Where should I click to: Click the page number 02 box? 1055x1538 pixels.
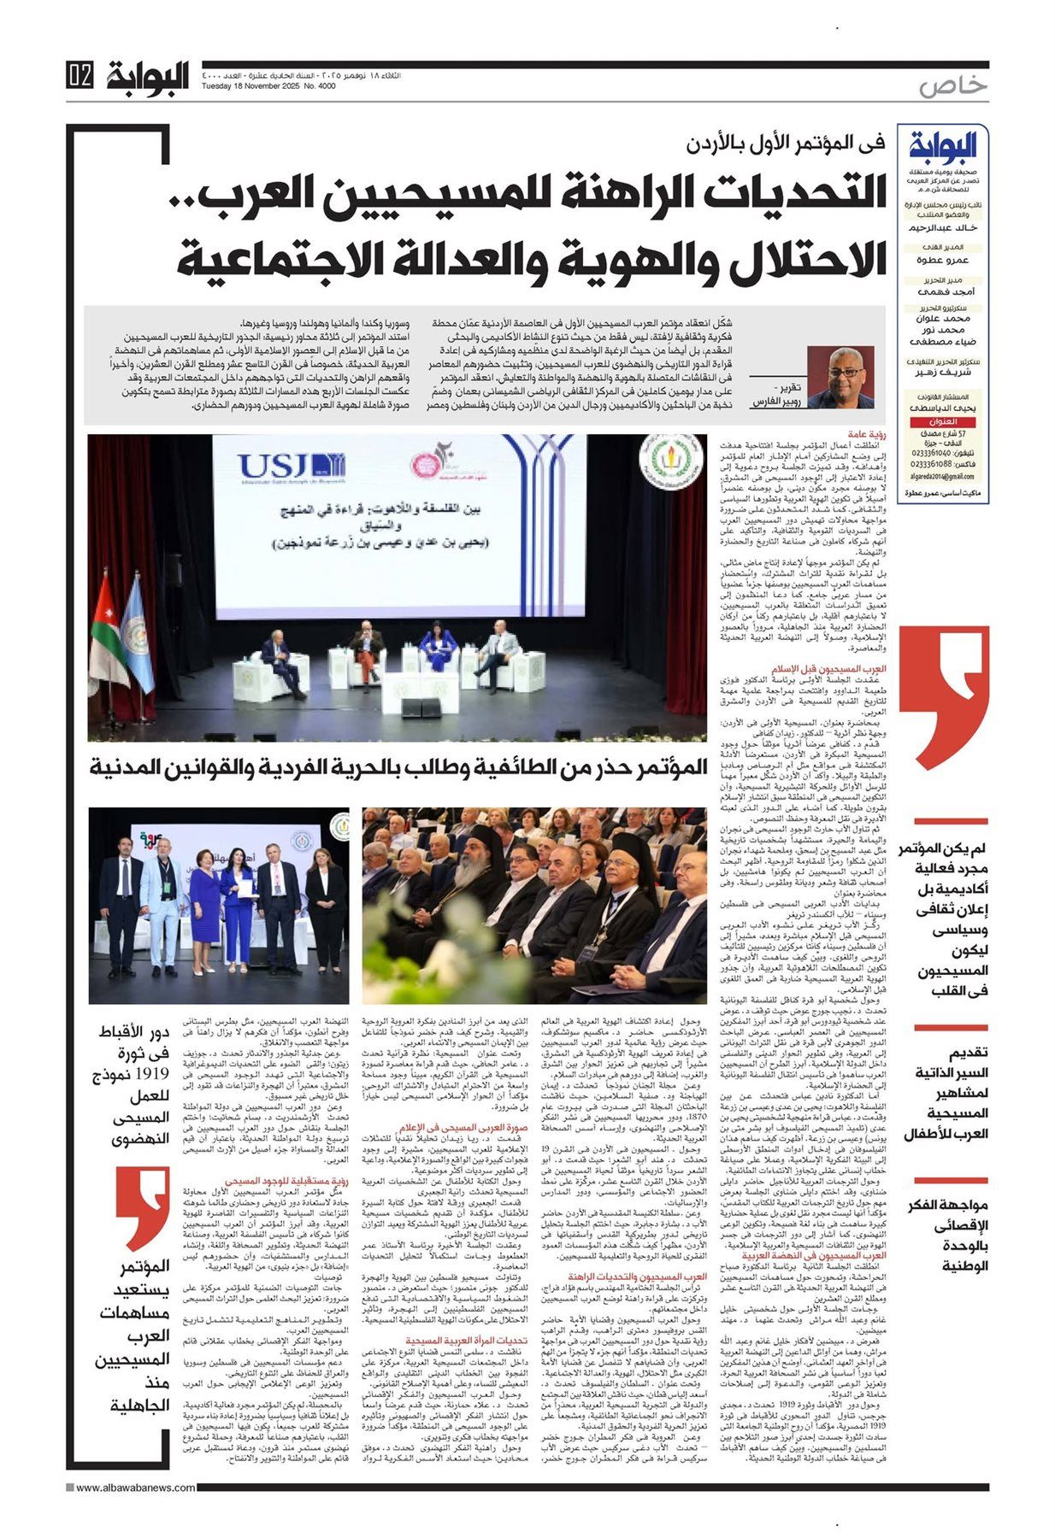80,77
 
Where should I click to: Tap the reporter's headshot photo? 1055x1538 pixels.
841,377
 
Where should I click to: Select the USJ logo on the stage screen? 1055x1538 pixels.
292,466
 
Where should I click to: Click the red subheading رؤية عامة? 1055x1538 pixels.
866,435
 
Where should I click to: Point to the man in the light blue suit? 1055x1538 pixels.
162,906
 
